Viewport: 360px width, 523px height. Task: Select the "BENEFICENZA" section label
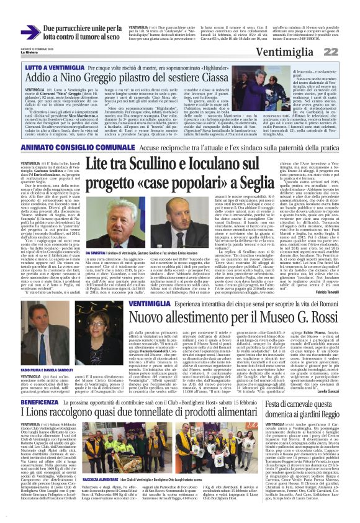point(41,404)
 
